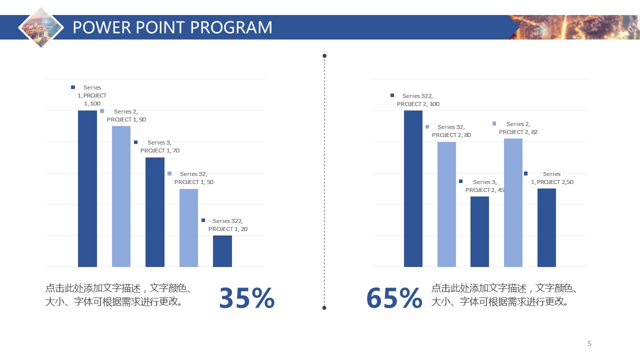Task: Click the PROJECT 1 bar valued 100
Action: [x=87, y=188]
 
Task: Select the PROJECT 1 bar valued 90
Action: [x=121, y=196]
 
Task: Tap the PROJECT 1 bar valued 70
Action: [x=154, y=212]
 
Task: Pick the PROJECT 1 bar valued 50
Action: [x=188, y=227]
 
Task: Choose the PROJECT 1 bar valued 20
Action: [x=222, y=251]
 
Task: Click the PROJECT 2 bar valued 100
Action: [x=413, y=188]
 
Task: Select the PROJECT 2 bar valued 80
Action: [x=446, y=204]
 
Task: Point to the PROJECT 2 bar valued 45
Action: [x=479, y=231]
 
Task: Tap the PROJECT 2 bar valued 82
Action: [x=513, y=202]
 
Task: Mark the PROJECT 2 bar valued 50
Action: [x=546, y=227]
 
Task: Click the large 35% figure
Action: [x=247, y=298]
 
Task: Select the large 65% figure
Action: [x=394, y=298]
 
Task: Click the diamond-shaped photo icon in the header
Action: [x=41, y=27]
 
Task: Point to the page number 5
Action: [x=589, y=343]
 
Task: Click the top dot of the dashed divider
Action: [x=324, y=55]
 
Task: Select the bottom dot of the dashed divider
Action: [x=324, y=307]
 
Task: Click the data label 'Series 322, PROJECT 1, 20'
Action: [x=227, y=225]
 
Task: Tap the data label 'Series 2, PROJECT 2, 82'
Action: [x=518, y=128]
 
